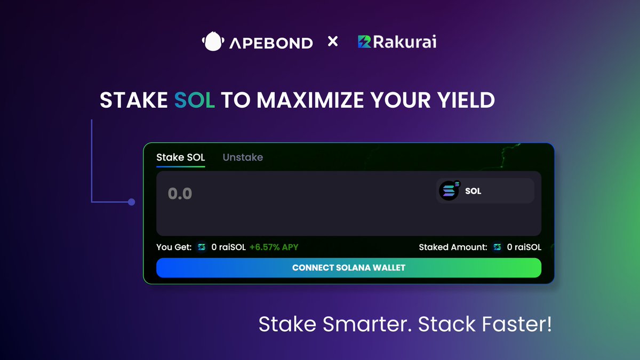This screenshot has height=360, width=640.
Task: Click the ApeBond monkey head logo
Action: click(x=213, y=41)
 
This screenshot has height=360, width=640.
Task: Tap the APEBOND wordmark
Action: click(x=271, y=43)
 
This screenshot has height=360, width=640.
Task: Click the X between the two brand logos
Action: click(x=333, y=42)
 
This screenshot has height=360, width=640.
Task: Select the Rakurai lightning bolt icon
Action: click(x=364, y=42)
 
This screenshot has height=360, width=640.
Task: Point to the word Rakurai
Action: click(x=405, y=42)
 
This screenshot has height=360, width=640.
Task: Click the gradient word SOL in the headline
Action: click(x=194, y=100)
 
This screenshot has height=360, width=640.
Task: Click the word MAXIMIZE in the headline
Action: click(x=310, y=100)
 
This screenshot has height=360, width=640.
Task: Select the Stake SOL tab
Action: click(x=181, y=157)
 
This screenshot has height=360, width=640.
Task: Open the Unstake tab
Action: click(x=243, y=157)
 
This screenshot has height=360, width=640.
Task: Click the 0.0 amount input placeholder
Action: click(x=180, y=194)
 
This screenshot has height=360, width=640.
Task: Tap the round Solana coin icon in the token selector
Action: click(x=449, y=190)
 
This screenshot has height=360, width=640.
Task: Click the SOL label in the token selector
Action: click(x=473, y=191)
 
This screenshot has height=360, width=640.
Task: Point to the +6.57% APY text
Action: click(x=274, y=247)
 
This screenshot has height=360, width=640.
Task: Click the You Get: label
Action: click(x=174, y=247)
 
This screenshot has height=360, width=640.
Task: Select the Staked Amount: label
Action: click(x=453, y=247)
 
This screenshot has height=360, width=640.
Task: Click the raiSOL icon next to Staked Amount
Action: click(x=497, y=247)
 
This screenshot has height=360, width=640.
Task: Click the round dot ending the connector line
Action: click(x=131, y=202)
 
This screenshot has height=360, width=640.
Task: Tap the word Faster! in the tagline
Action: click(x=517, y=324)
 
